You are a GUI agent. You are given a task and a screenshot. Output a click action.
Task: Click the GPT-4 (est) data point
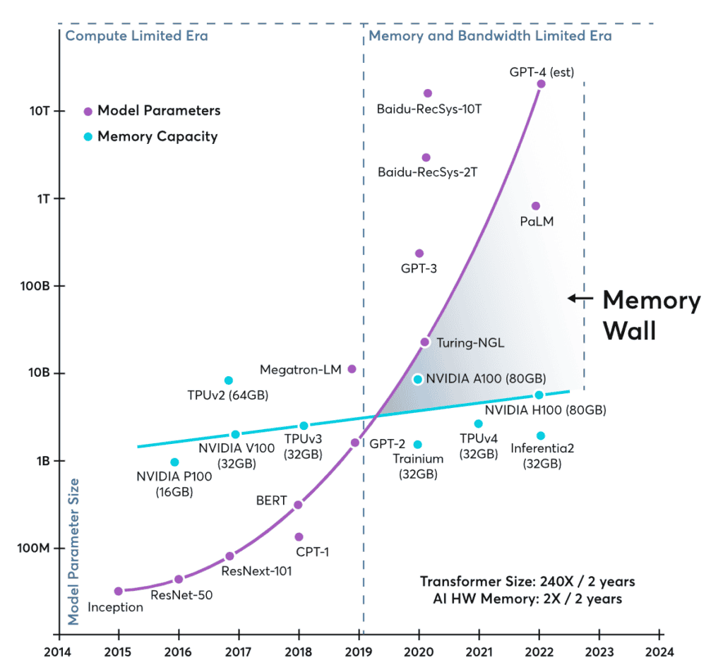pyautogui.click(x=541, y=84)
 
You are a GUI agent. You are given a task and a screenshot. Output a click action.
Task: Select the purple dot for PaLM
pyautogui.click(x=535, y=206)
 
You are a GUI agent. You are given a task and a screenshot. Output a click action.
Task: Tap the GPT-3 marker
pyautogui.click(x=419, y=253)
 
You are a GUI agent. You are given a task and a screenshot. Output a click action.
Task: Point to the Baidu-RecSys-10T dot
pyautogui.click(x=427, y=94)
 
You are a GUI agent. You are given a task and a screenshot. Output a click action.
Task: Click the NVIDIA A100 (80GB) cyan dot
pyautogui.click(x=418, y=379)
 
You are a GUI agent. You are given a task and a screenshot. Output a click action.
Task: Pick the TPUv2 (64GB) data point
pyautogui.click(x=228, y=380)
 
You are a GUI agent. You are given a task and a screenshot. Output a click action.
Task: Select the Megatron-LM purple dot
pyautogui.click(x=352, y=369)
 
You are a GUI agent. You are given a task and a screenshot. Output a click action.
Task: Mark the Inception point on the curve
pyautogui.click(x=119, y=592)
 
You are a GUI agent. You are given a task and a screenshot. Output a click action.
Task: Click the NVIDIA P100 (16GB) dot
pyautogui.click(x=174, y=462)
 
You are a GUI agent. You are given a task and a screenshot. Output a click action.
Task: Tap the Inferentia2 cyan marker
pyautogui.click(x=541, y=436)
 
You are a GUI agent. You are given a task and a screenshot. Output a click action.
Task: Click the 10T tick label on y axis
pyautogui.click(x=40, y=111)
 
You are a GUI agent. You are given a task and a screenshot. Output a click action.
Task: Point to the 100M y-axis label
pyautogui.click(x=33, y=548)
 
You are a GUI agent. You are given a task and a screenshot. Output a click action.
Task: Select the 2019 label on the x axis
pyautogui.click(x=359, y=652)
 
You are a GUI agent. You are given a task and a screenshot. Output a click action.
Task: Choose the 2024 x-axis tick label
pyautogui.click(x=659, y=652)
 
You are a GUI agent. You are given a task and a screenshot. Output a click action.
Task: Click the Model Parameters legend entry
pyautogui.click(x=153, y=111)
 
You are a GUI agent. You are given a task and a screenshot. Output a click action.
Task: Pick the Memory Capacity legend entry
pyautogui.click(x=151, y=137)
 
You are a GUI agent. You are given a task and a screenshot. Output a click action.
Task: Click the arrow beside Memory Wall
pyautogui.click(x=580, y=299)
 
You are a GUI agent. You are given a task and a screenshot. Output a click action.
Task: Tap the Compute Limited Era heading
pyautogui.click(x=136, y=36)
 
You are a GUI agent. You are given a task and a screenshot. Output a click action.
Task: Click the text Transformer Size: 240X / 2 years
pyautogui.click(x=527, y=582)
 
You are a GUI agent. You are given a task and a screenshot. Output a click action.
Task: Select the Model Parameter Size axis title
pyautogui.click(x=73, y=552)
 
